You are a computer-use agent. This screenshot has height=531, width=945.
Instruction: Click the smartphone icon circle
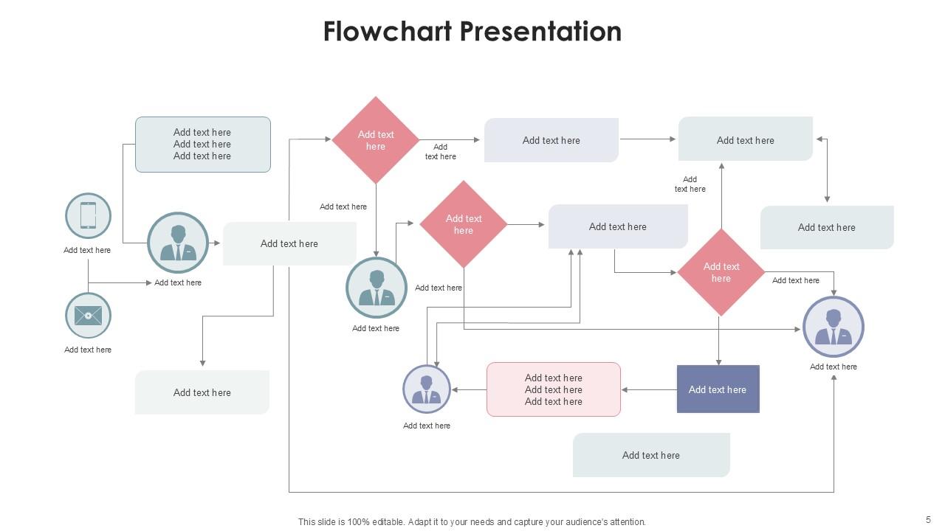click(88, 216)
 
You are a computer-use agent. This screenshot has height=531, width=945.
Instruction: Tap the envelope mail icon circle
click(88, 316)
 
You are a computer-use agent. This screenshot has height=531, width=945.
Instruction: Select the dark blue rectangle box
click(718, 389)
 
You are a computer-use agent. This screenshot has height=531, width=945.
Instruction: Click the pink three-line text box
click(553, 389)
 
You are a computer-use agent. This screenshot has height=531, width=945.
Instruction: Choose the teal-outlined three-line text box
click(202, 145)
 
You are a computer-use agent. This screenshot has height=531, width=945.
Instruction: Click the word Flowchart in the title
click(388, 32)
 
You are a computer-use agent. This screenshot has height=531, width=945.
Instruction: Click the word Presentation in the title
click(540, 32)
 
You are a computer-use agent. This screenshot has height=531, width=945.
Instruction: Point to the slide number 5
click(928, 519)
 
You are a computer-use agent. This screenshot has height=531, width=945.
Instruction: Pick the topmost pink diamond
click(376, 140)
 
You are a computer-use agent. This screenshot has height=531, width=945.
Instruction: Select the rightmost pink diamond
click(721, 272)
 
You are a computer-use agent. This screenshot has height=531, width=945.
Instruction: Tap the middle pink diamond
click(464, 224)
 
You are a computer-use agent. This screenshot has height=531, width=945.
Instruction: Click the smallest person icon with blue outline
click(427, 389)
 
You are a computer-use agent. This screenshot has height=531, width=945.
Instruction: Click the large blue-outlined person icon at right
click(834, 327)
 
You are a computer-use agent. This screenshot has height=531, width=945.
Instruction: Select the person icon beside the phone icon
click(178, 243)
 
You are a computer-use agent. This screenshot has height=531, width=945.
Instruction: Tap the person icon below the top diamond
click(377, 288)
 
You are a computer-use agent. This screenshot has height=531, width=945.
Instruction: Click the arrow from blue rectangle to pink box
click(649, 389)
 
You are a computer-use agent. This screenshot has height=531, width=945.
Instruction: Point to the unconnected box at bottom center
click(651, 455)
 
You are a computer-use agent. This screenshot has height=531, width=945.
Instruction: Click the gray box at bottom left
click(202, 392)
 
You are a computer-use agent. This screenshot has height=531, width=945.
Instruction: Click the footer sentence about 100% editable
click(472, 521)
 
